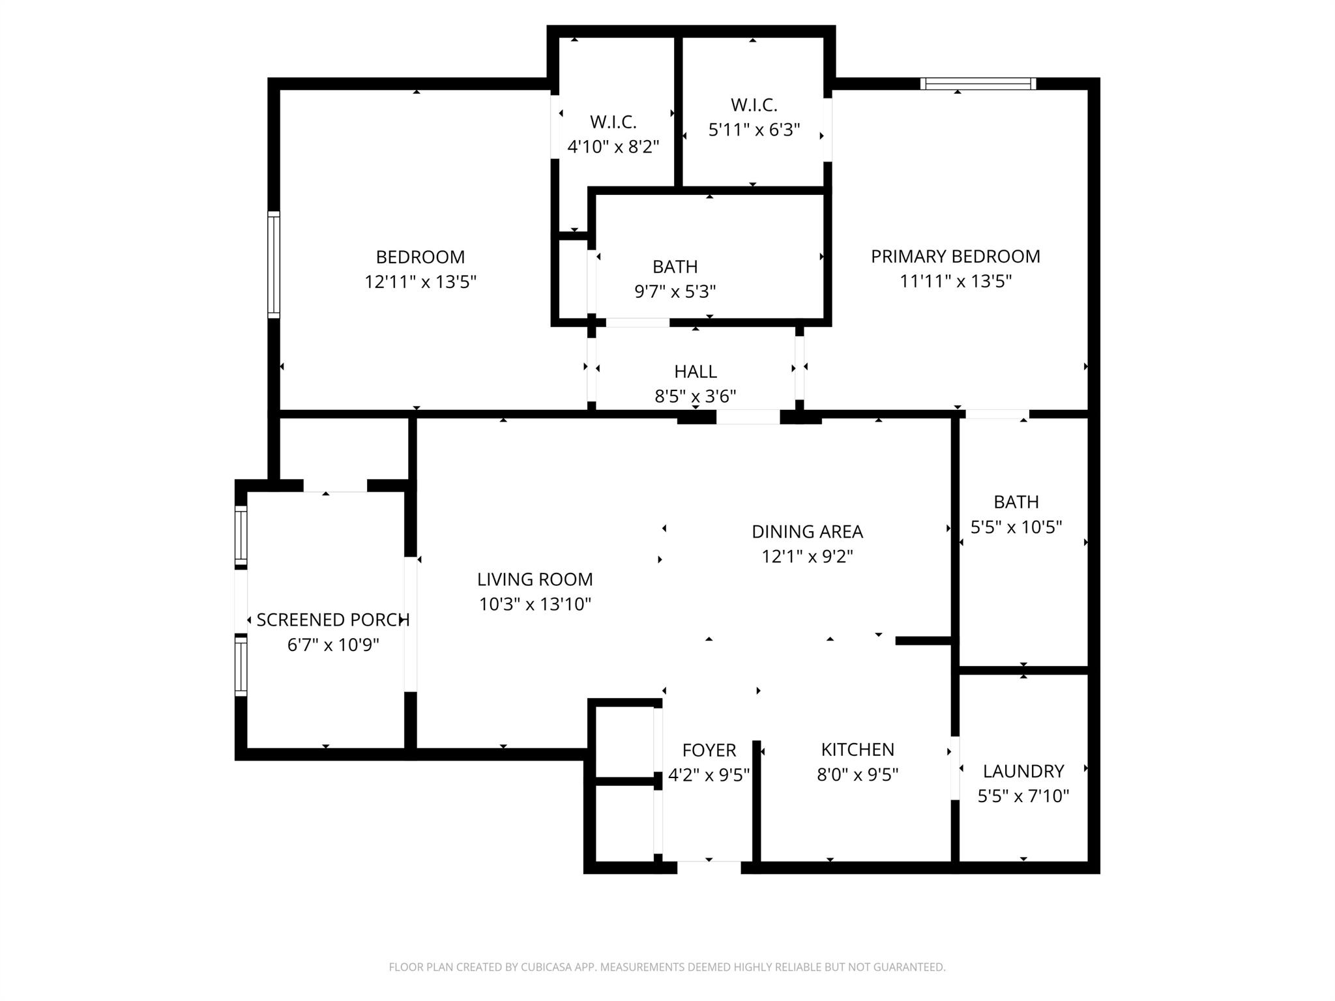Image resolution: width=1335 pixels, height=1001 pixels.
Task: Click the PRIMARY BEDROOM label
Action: [x=955, y=256]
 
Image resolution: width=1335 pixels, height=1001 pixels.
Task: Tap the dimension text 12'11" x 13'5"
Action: [x=420, y=282]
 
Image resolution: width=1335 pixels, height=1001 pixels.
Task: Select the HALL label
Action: [x=695, y=371]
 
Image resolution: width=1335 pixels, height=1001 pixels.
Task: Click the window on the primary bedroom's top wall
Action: [x=978, y=83]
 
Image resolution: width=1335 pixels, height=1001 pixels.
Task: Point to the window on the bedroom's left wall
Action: [x=274, y=265]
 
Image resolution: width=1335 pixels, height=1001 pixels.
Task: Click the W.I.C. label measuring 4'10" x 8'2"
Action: [x=613, y=122]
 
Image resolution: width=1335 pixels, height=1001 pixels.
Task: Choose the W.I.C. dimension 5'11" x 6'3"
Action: [x=754, y=130]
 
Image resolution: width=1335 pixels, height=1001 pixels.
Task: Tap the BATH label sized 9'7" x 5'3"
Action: [x=675, y=267]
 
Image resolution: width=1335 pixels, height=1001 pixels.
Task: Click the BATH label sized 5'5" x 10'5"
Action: [x=1016, y=502]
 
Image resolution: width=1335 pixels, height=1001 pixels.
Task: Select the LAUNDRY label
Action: [x=1023, y=771]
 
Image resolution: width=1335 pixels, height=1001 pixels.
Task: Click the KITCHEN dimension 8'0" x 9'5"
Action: [x=857, y=774]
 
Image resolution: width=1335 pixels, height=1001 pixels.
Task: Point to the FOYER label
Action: [x=709, y=750]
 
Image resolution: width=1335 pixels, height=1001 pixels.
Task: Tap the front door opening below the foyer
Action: [x=709, y=867]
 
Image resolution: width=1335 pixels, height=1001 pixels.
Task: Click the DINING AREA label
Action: [x=807, y=532]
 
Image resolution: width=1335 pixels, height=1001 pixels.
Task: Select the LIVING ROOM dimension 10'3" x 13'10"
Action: [x=535, y=604]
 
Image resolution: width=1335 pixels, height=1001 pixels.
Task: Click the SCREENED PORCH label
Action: [x=332, y=620]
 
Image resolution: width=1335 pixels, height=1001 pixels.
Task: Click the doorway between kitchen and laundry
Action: [x=955, y=768]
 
